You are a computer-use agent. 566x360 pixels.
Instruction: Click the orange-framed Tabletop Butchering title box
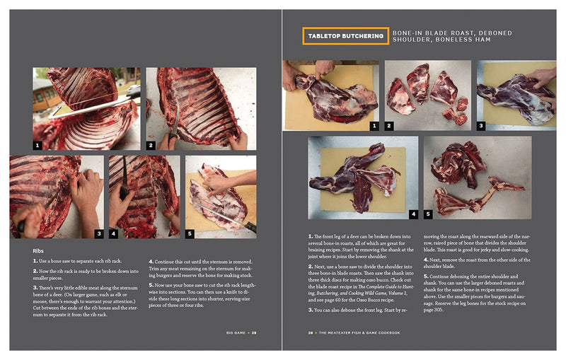point(344,36)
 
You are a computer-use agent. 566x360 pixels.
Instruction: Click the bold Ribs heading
point(40,250)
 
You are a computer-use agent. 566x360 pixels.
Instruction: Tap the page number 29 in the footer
point(254,330)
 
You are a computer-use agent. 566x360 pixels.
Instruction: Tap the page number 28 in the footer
point(310,330)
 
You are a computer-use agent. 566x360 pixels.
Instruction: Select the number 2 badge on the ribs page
point(151,144)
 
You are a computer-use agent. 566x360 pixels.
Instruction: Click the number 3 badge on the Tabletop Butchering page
point(481,125)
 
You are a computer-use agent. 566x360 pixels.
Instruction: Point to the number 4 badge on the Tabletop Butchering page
point(413,212)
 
